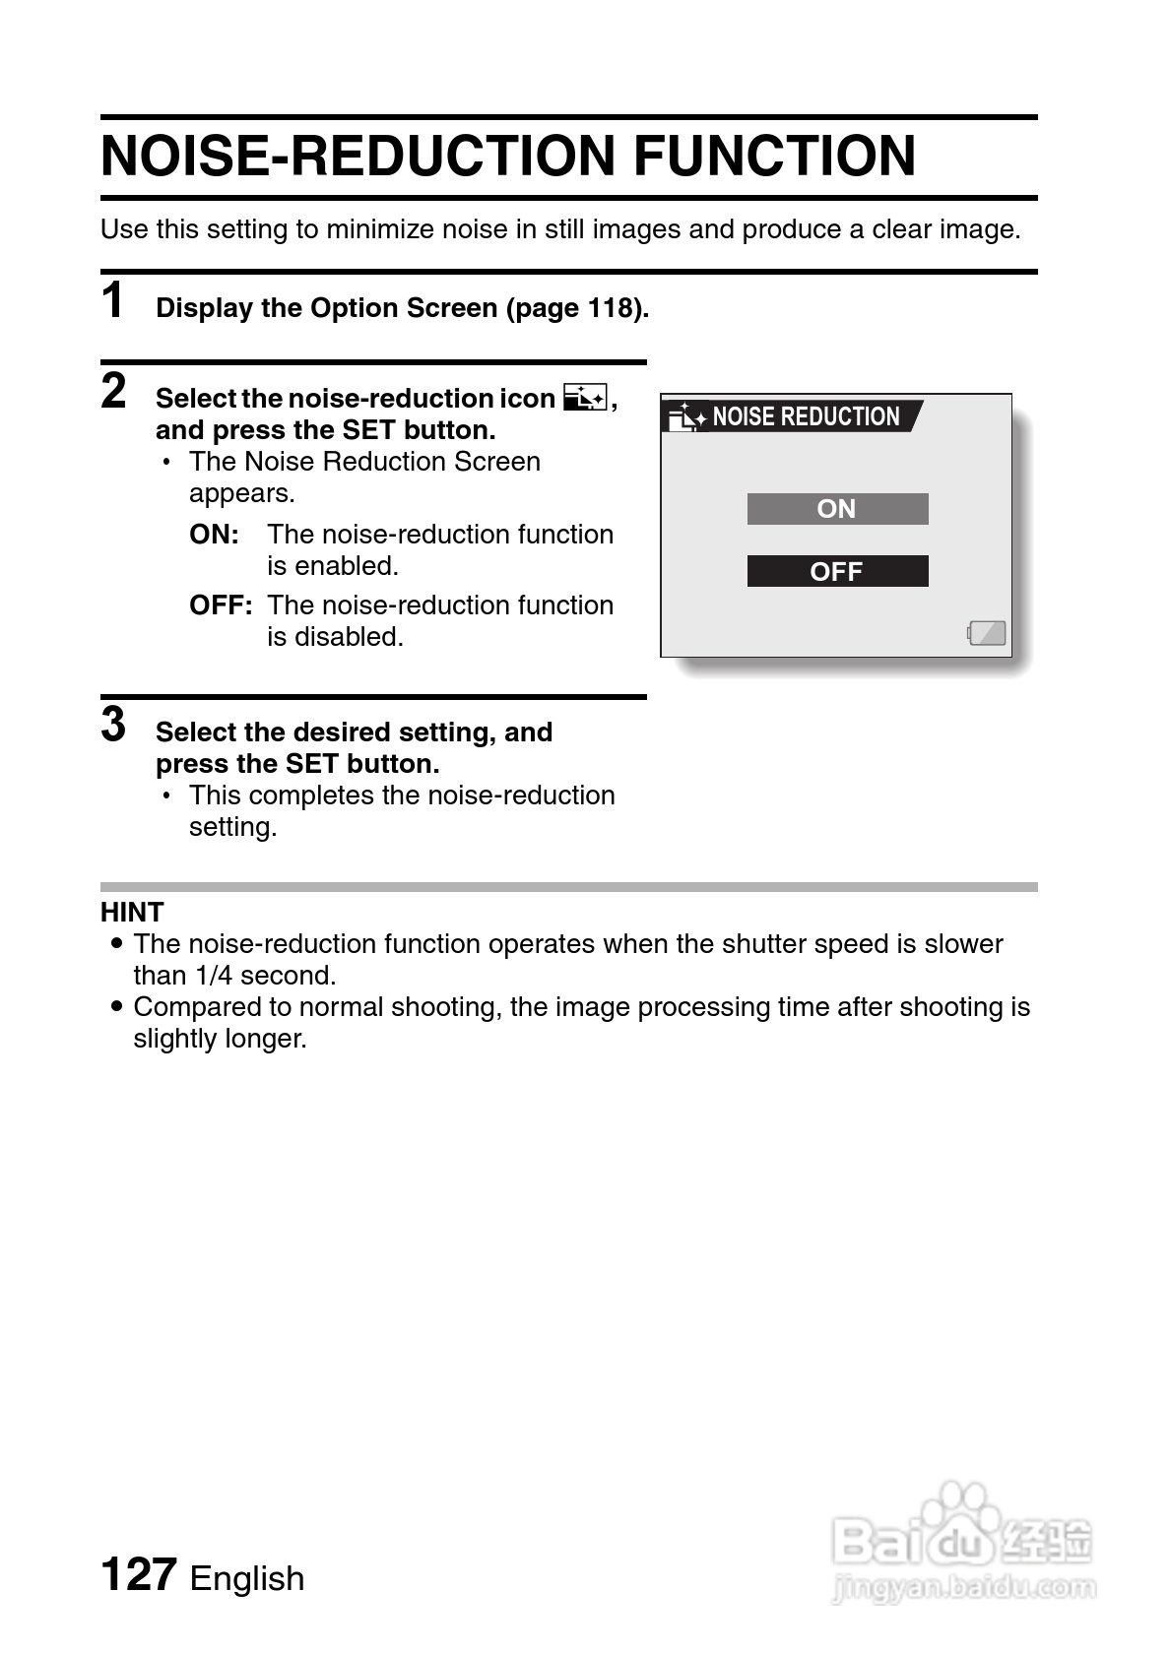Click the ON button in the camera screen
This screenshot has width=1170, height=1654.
pyautogui.click(x=837, y=509)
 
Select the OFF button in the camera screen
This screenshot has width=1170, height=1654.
pyautogui.click(x=837, y=571)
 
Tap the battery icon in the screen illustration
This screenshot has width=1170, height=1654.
pyautogui.click(x=987, y=632)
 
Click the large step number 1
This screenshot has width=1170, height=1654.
pyautogui.click(x=113, y=300)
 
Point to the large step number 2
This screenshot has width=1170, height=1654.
pyautogui.click(x=113, y=391)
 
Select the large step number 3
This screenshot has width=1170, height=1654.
pyautogui.click(x=113, y=725)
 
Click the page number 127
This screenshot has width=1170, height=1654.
pyautogui.click(x=138, y=1574)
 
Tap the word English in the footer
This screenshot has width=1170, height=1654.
pyautogui.click(x=247, y=1578)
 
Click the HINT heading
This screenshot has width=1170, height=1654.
pyautogui.click(x=132, y=912)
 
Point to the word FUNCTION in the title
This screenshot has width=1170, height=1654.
pyautogui.click(x=774, y=156)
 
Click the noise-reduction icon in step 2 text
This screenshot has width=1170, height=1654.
pyautogui.click(x=585, y=398)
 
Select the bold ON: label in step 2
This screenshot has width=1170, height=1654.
pyautogui.click(x=215, y=535)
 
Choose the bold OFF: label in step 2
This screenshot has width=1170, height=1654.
pyautogui.click(x=221, y=605)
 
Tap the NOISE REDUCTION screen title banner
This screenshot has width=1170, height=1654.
pyautogui.click(x=794, y=416)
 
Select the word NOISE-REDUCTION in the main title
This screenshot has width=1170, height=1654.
pyautogui.click(x=358, y=156)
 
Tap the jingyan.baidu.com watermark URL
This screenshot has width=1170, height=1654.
pyautogui.click(x=963, y=1586)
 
